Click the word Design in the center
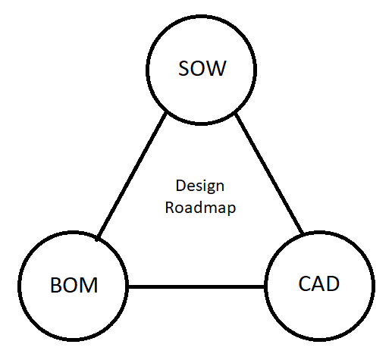[x=200, y=186]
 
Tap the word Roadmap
[x=200, y=207]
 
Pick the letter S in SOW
[x=183, y=70]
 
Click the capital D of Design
[x=180, y=185]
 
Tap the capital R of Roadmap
[x=170, y=207]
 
